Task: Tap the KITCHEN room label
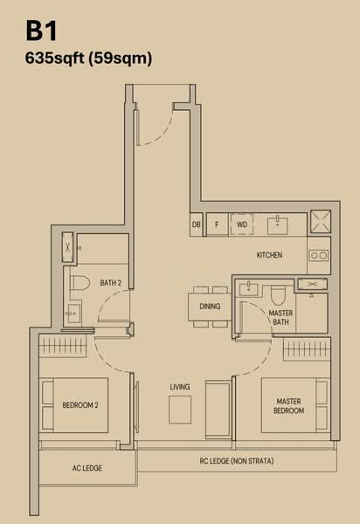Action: [x=269, y=256]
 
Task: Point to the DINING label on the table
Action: [x=210, y=307]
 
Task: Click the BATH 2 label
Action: [x=110, y=283]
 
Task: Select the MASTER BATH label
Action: [x=280, y=318]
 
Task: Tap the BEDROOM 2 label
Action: [x=80, y=405]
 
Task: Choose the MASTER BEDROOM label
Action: [x=288, y=406]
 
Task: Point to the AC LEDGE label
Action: [x=87, y=469]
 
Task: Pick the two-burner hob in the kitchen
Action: [x=319, y=257]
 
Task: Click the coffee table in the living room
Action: [x=180, y=409]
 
